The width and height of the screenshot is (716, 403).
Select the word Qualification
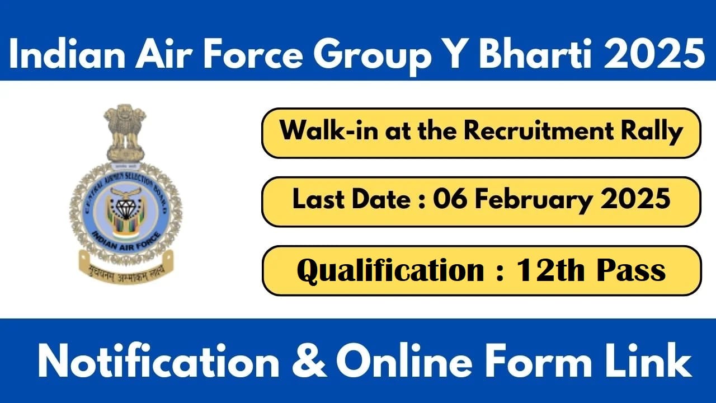tap(390, 270)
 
